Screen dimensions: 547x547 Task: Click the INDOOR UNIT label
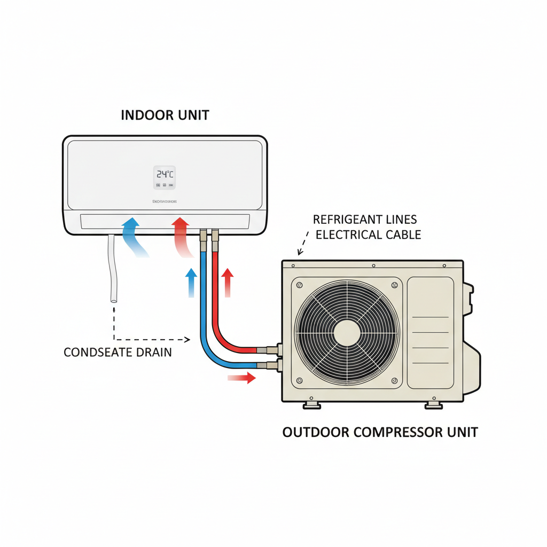165,115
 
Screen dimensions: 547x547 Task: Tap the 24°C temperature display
165,174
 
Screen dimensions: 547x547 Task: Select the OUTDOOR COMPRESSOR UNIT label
380,432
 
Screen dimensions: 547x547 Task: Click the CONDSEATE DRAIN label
118,353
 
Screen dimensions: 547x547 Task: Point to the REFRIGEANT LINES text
365,219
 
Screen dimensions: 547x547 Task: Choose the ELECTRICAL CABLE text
369,234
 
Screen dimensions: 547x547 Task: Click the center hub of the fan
348,333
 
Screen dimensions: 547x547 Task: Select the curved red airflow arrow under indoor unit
181,238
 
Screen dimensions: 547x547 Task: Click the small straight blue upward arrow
190,282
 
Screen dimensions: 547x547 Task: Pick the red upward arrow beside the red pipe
228,282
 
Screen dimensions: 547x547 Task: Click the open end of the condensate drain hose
114,301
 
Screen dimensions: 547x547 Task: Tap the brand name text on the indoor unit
165,202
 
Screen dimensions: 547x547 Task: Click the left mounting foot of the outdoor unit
311,405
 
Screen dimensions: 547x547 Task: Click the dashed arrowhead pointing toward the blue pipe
187,339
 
